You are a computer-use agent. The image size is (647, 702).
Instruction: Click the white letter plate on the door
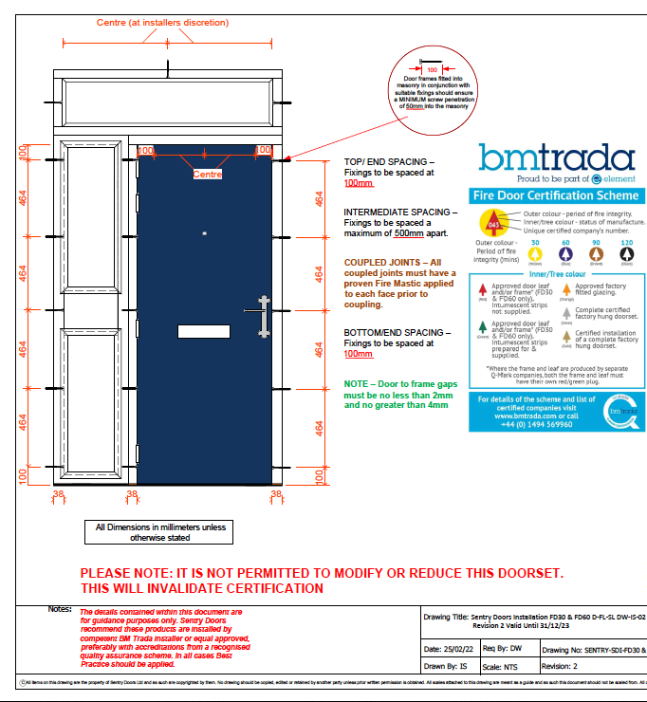click(204, 331)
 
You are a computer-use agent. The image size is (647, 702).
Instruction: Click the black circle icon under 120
click(626, 254)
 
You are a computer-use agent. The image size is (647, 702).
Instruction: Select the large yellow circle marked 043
click(492, 221)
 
